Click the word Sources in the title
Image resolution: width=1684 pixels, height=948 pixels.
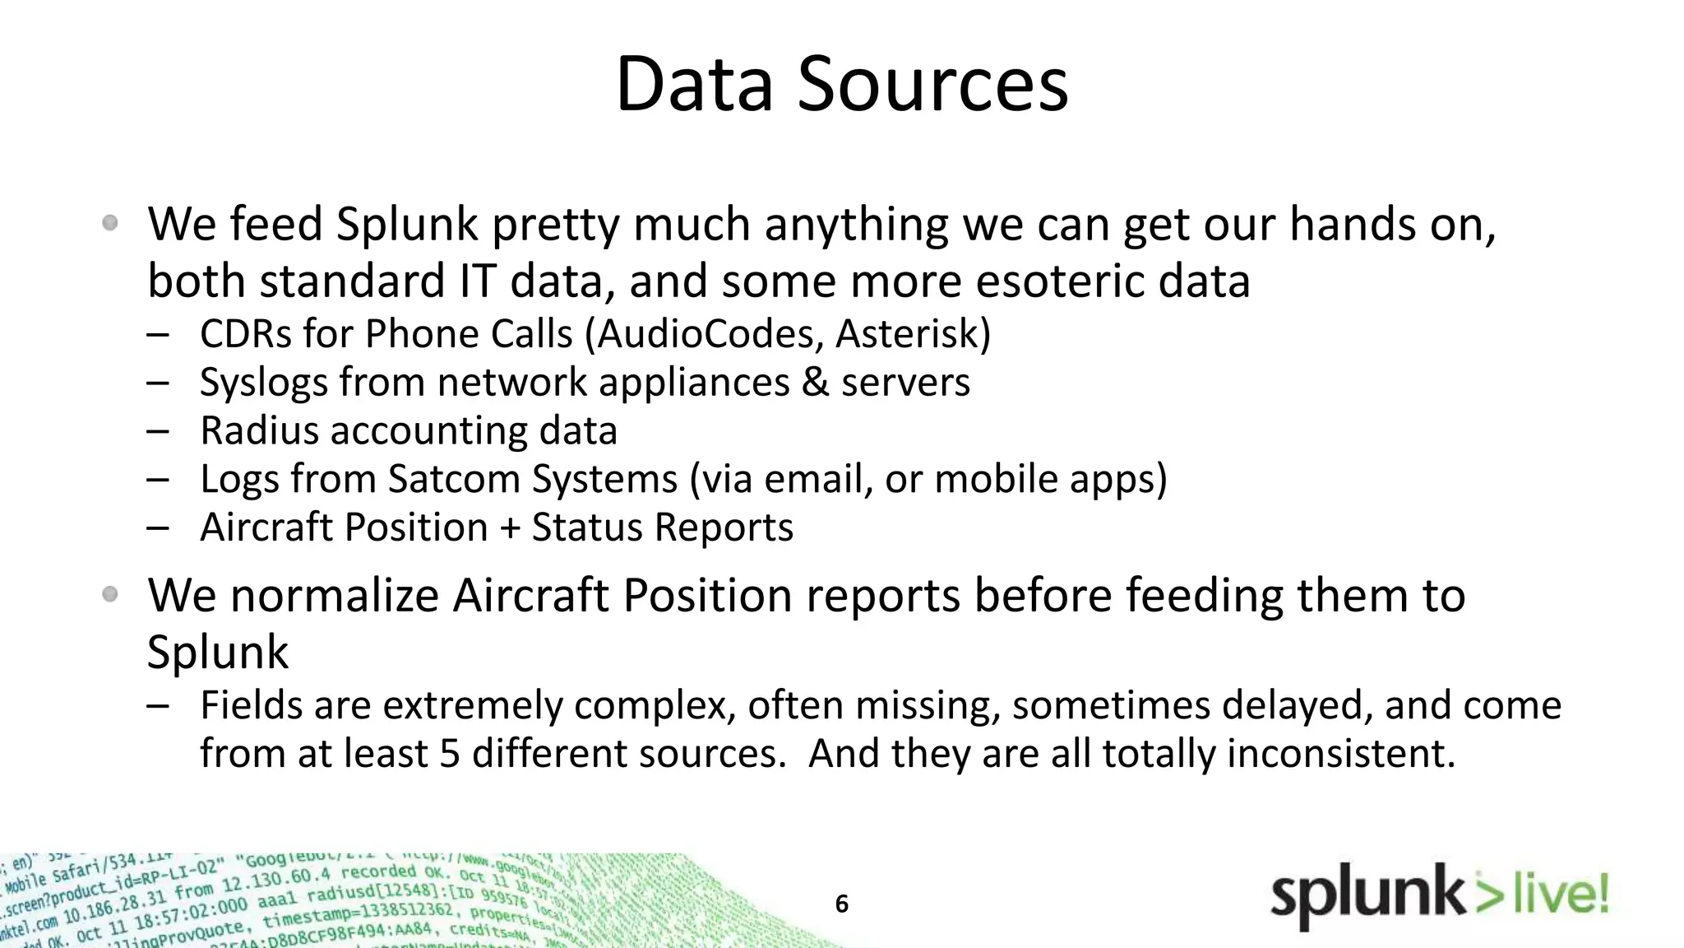coord(932,84)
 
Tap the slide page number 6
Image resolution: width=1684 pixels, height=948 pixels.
coord(841,904)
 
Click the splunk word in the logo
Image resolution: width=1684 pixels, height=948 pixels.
coord(1367,897)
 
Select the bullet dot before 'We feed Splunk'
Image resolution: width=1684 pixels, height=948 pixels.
coord(110,223)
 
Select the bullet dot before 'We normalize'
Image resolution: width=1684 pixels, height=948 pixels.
coord(110,594)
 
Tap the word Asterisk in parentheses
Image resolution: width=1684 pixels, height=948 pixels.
coord(909,334)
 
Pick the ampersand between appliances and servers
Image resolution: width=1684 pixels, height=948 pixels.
coord(815,383)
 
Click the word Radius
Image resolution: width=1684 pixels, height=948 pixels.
coord(259,431)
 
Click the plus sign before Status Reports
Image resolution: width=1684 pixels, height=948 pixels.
coord(510,528)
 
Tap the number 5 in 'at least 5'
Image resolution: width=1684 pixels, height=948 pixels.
coord(449,754)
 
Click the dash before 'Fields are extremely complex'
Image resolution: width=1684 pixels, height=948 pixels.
coord(158,706)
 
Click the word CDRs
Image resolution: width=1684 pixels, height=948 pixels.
coord(245,334)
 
